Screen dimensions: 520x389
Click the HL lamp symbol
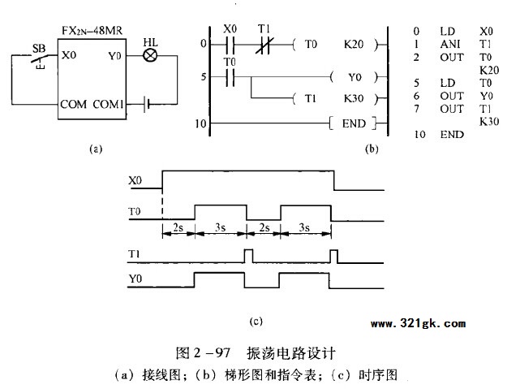pyautogui.click(x=150, y=55)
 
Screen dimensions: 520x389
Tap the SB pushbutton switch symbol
pyautogui.click(x=40, y=60)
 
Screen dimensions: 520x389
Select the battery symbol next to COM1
pyautogui.click(x=147, y=104)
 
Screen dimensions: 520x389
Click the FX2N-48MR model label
pyautogui.click(x=92, y=31)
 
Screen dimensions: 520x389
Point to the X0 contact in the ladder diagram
pyautogui.click(x=230, y=44)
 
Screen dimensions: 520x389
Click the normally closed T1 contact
pyautogui.click(x=264, y=44)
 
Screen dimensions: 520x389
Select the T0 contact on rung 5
pyautogui.click(x=230, y=77)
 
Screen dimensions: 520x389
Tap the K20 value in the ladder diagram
pyautogui.click(x=354, y=44)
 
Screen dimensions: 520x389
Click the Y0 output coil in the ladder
pyautogui.click(x=355, y=77)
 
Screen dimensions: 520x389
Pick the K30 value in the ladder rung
pyautogui.click(x=354, y=98)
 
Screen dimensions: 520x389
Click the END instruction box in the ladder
pyautogui.click(x=353, y=123)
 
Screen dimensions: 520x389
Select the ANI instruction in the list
pyautogui.click(x=450, y=44)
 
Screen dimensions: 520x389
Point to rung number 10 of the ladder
pyautogui.click(x=200, y=123)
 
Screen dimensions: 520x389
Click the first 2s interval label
pyautogui.click(x=178, y=227)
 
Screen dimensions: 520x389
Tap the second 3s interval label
pyautogui.click(x=304, y=227)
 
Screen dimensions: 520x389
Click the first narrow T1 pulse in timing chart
pyautogui.click(x=248, y=256)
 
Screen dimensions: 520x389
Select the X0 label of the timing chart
pyautogui.click(x=135, y=180)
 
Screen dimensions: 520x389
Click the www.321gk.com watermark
pyautogui.click(x=418, y=323)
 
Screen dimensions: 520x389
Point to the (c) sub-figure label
pyautogui.click(x=256, y=322)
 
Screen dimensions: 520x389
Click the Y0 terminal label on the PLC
pyautogui.click(x=114, y=56)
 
